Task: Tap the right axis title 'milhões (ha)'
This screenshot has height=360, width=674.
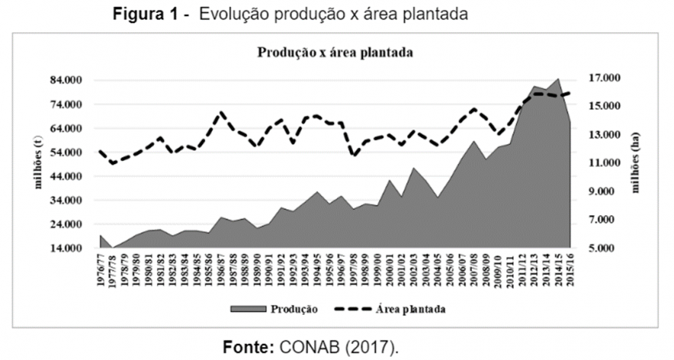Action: click(635, 164)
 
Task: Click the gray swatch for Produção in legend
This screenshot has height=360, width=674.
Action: click(247, 309)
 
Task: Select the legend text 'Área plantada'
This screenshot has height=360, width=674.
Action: click(411, 309)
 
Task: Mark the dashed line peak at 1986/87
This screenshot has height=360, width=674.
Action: click(221, 113)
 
